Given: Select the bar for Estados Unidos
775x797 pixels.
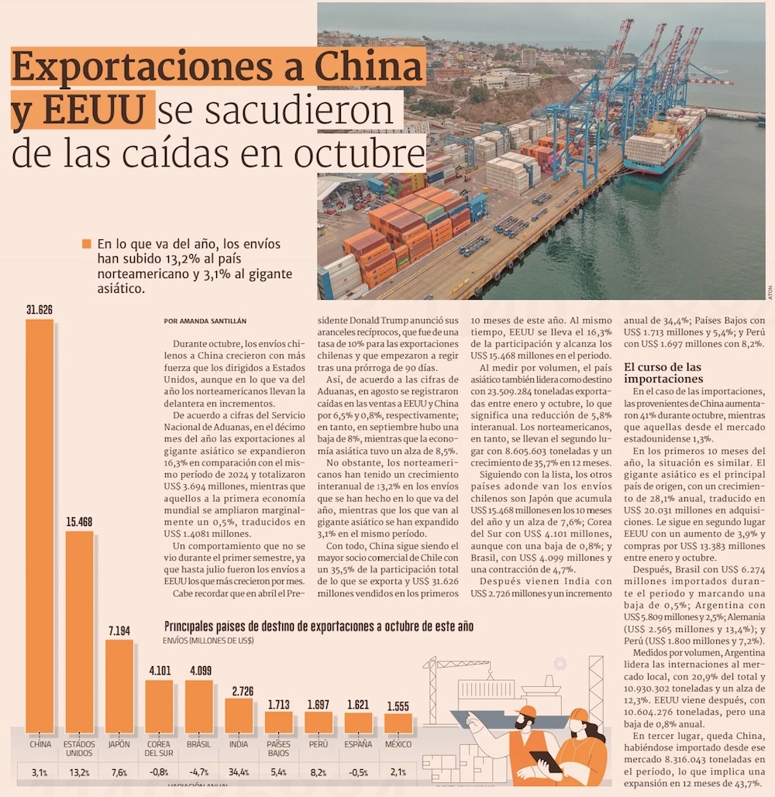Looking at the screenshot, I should (x=79, y=631).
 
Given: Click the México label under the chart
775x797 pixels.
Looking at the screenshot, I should (x=398, y=744).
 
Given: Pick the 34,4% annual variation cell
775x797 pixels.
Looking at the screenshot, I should (x=239, y=772).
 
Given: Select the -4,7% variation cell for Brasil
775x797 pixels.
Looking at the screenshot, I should (x=198, y=772).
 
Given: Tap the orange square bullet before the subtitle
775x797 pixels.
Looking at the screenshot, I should (x=86, y=243).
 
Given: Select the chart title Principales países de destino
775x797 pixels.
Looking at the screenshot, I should (x=319, y=626).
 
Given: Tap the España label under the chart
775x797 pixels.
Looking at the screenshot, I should (x=358, y=744).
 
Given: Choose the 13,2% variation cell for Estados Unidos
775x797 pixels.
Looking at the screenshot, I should (x=80, y=772).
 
